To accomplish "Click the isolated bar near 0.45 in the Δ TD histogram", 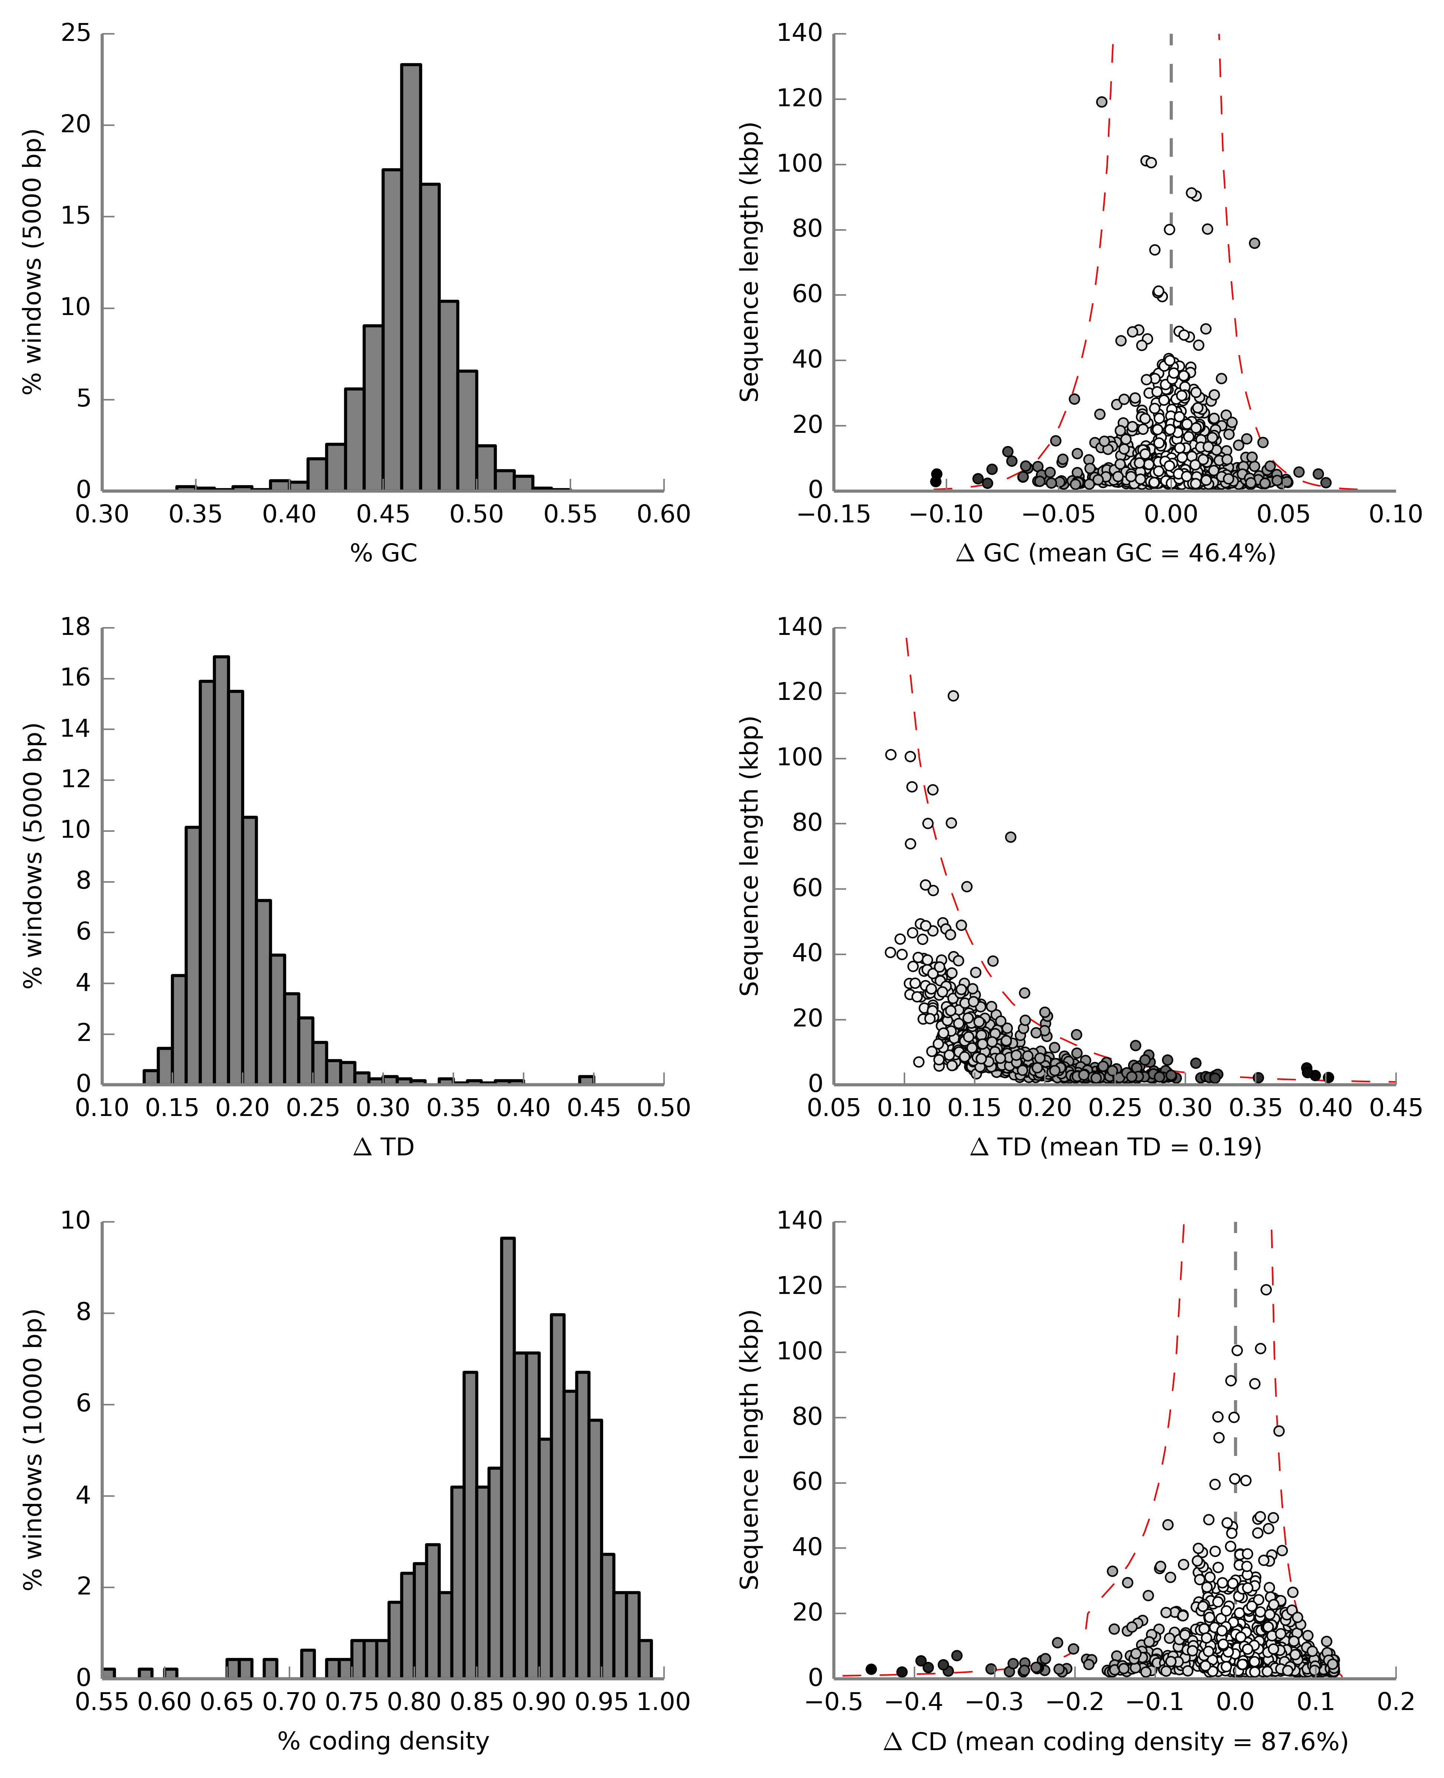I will tap(586, 1080).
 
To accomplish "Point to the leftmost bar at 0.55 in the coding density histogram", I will tap(108, 1672).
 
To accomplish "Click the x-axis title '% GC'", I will tap(383, 553).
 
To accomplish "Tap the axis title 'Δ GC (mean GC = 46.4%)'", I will tap(1116, 553).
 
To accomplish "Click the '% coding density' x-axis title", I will tap(383, 1740).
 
